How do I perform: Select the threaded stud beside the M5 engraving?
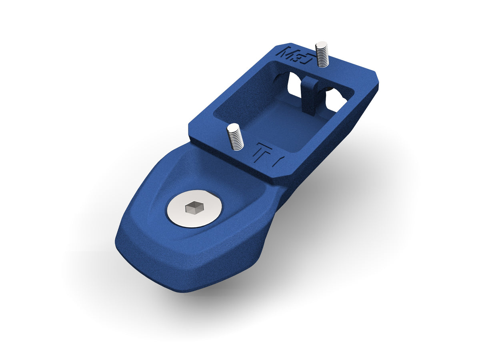pyautogui.click(x=322, y=55)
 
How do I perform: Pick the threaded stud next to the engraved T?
pyautogui.click(x=235, y=137)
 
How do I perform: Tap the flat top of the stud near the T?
pyautogui.click(x=233, y=128)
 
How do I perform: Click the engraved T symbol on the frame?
pyautogui.click(x=262, y=152)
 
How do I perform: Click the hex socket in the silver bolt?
pyautogui.click(x=194, y=208)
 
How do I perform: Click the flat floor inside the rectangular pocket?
pyautogui.click(x=280, y=124)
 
